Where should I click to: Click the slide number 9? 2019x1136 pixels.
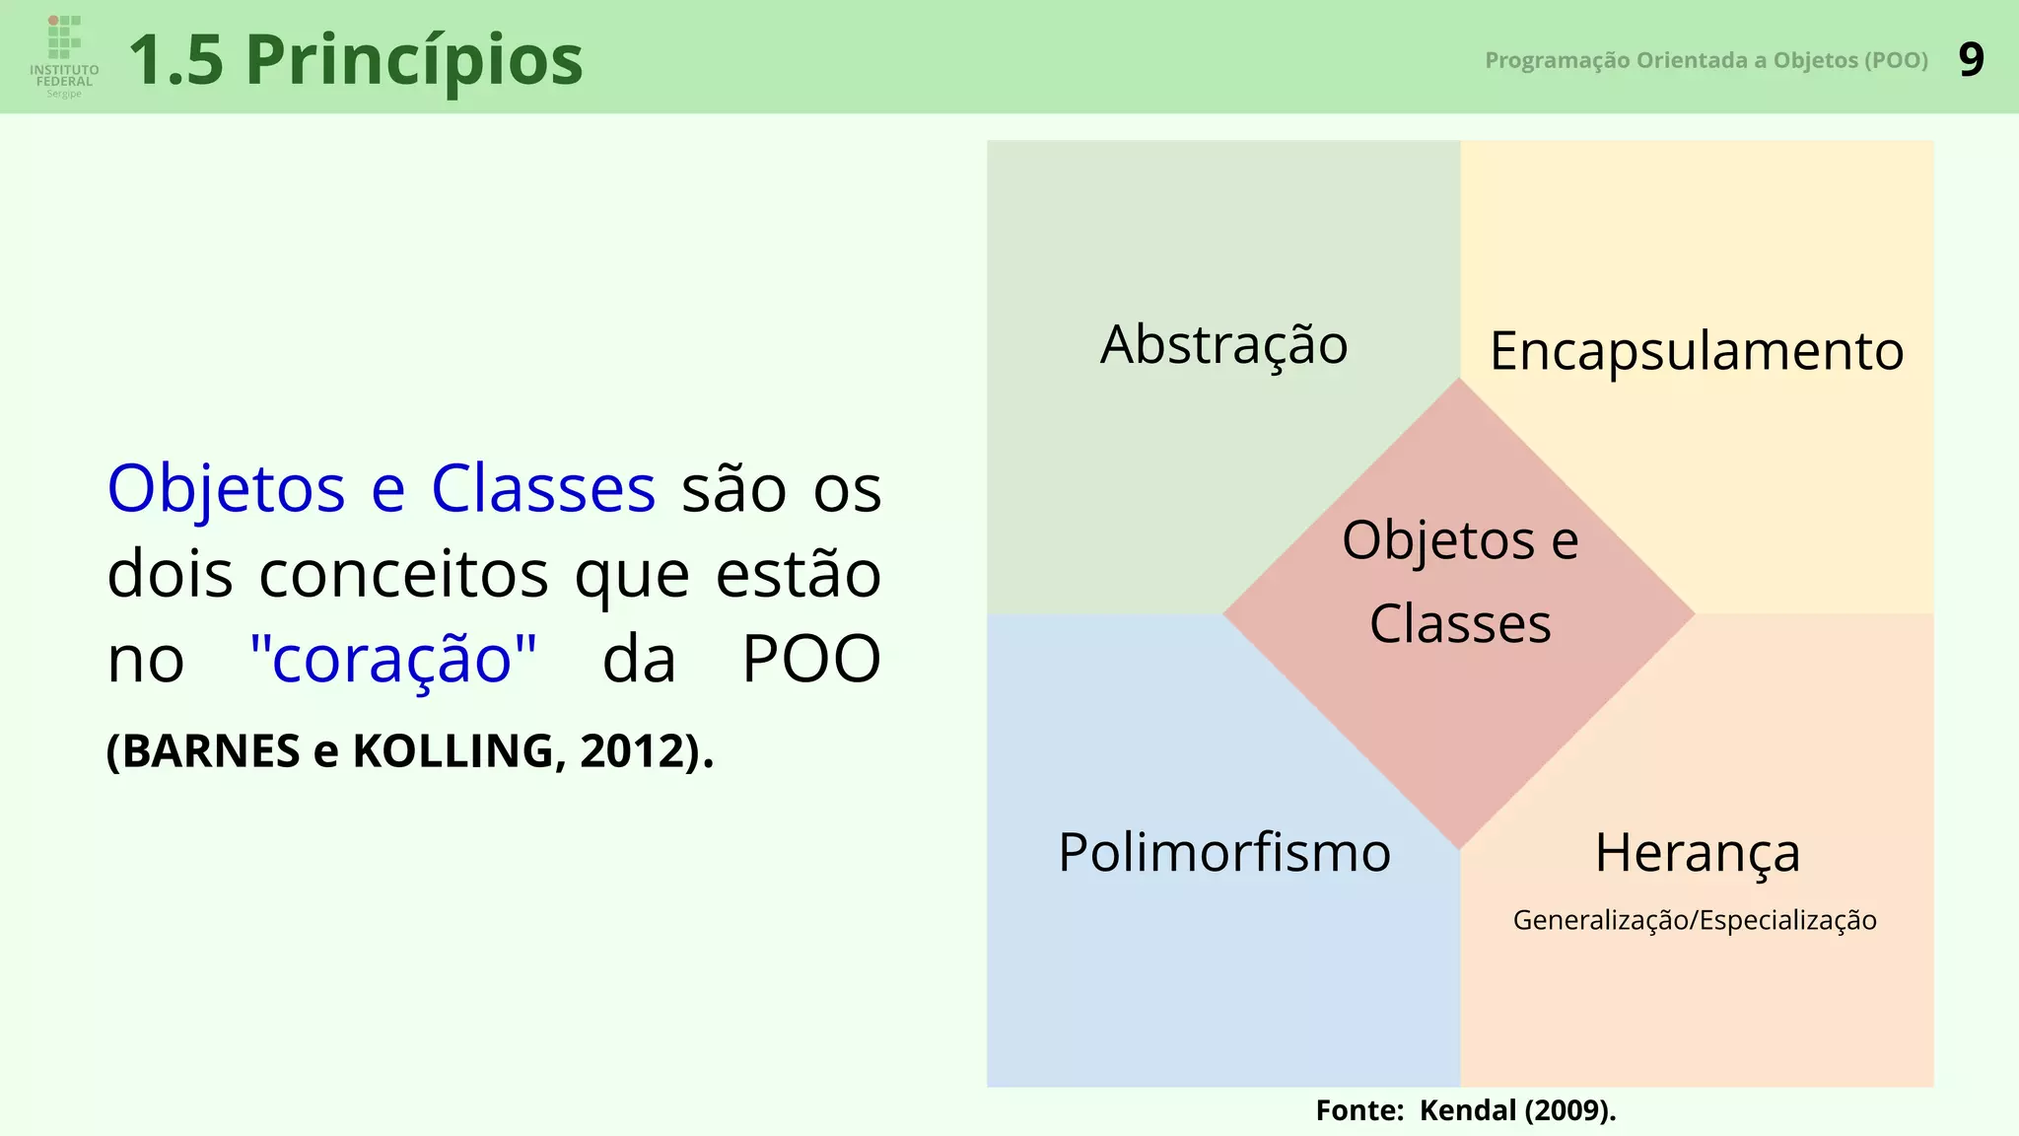click(1971, 60)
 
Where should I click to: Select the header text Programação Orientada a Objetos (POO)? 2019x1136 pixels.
click(1706, 60)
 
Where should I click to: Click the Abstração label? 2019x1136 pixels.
click(1223, 344)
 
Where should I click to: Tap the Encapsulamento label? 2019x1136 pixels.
click(1696, 351)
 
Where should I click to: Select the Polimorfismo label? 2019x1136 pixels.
click(1223, 852)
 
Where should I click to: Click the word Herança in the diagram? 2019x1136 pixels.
click(1697, 852)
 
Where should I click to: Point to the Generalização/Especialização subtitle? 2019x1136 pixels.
click(1695, 920)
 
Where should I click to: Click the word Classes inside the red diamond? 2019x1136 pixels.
click(1460, 624)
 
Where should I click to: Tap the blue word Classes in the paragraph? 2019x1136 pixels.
click(542, 489)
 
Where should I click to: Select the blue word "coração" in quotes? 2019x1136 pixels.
click(393, 659)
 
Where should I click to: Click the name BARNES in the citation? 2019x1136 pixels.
click(211, 751)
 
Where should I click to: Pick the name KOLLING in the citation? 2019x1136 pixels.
click(453, 751)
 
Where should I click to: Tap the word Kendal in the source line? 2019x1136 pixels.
click(1468, 1110)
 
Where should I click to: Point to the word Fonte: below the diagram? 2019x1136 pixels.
click(1359, 1110)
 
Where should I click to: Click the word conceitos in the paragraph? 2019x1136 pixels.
click(403, 574)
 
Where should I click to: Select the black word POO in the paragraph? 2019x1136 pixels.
click(810, 659)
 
